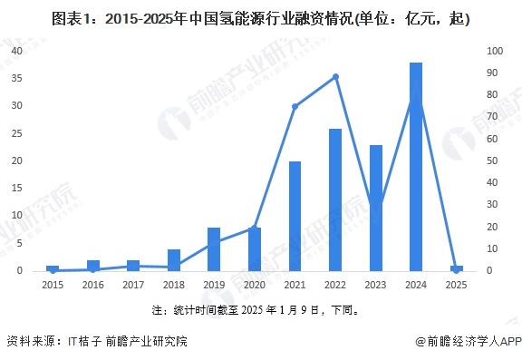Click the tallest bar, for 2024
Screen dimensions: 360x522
click(416, 167)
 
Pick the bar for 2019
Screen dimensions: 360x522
click(214, 249)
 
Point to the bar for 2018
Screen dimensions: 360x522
click(174, 260)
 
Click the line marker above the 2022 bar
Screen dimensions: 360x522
click(335, 76)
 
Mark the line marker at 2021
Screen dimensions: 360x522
click(295, 107)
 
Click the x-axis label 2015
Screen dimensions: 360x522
click(53, 284)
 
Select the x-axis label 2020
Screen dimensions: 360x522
click(255, 284)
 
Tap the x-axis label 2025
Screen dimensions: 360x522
click(457, 284)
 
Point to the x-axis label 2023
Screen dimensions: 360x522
click(375, 284)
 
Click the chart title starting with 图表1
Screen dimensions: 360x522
click(261, 18)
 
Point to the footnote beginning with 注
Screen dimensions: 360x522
click(261, 310)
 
